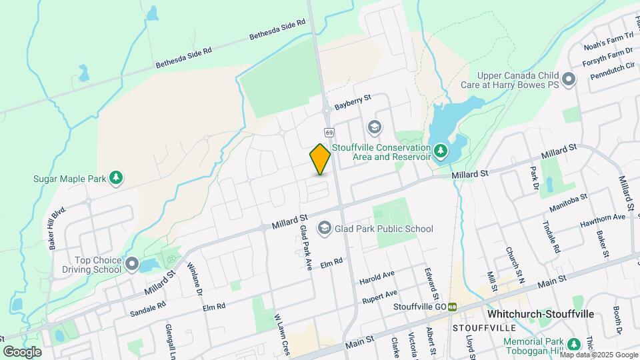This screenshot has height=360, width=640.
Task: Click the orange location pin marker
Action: tap(320, 159)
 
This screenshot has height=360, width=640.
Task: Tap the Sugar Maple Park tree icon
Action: tap(116, 178)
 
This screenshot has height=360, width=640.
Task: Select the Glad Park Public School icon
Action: tap(324, 229)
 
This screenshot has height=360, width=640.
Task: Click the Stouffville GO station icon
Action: tap(452, 306)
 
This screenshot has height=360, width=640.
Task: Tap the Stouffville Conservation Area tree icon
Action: tap(440, 151)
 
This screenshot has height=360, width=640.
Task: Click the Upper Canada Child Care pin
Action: tap(569, 80)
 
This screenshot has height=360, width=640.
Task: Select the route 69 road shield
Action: tap(329, 132)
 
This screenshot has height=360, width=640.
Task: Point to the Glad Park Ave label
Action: tap(306, 247)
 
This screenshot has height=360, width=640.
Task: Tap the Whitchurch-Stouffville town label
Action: tap(541, 313)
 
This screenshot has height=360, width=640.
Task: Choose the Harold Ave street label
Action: tap(377, 276)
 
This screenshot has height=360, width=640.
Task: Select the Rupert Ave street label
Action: tap(380, 297)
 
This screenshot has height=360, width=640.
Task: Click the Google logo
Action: tap(22, 351)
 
